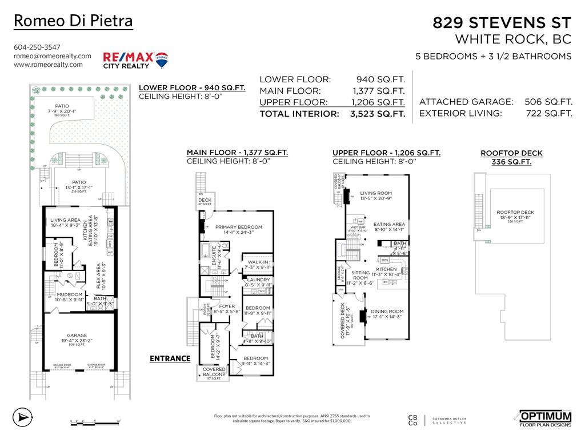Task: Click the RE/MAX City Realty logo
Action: (135, 59)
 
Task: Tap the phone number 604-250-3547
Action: (37, 47)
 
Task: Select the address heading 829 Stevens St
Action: (502, 23)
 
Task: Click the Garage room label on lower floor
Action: (77, 336)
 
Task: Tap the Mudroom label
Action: (70, 295)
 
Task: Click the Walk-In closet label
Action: (257, 262)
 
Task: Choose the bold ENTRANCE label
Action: (170, 358)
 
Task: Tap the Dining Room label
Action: (387, 312)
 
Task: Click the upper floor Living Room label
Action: (376, 193)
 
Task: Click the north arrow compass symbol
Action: (21, 416)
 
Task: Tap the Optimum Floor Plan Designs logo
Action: (545, 418)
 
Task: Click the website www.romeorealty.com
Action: (48, 65)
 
